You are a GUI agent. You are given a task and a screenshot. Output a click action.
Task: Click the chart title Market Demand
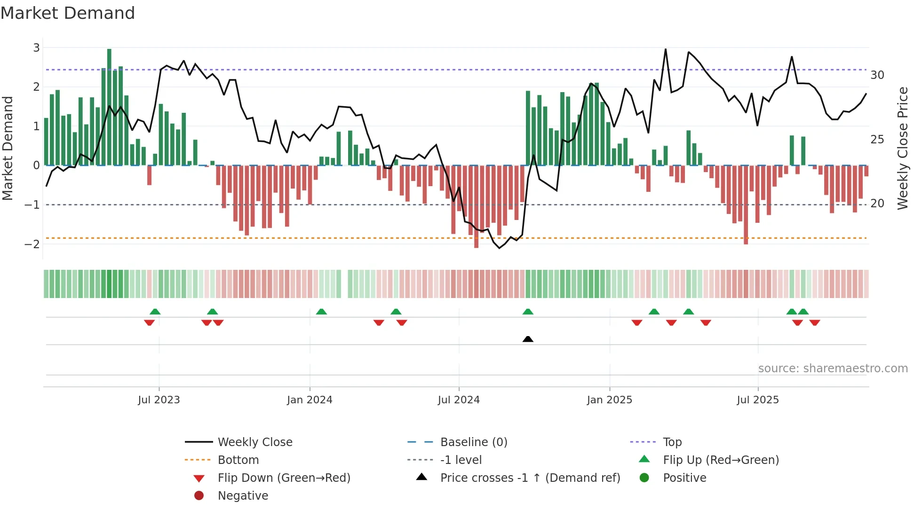click(68, 13)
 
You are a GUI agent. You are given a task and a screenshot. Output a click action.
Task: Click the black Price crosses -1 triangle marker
click(528, 339)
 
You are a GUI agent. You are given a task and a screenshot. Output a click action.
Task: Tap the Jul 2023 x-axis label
click(159, 400)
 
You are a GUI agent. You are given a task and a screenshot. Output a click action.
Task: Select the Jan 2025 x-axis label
click(610, 400)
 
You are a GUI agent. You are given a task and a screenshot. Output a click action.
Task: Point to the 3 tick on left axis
click(36, 47)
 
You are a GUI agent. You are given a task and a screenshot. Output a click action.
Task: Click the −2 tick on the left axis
click(32, 244)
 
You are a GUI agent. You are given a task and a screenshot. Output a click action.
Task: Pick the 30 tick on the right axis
click(877, 75)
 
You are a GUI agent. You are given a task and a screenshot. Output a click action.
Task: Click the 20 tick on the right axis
click(877, 204)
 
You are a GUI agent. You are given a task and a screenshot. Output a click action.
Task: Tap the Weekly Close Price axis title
click(902, 148)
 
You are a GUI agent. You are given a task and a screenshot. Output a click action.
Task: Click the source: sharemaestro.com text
click(833, 369)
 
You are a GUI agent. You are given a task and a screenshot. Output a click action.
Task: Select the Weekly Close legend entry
click(255, 442)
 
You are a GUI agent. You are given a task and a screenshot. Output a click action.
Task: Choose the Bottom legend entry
click(238, 460)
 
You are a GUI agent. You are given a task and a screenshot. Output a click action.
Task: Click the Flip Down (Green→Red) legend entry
click(284, 478)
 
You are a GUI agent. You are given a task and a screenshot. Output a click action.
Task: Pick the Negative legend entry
click(243, 496)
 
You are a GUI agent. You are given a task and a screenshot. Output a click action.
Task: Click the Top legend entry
click(672, 442)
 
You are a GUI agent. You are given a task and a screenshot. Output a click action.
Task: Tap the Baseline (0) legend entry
click(474, 442)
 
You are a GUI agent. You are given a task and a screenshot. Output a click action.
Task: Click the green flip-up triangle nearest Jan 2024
click(321, 312)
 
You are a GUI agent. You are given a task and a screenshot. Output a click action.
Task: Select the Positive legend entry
click(684, 478)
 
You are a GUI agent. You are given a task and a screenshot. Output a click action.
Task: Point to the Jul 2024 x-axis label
click(459, 400)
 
